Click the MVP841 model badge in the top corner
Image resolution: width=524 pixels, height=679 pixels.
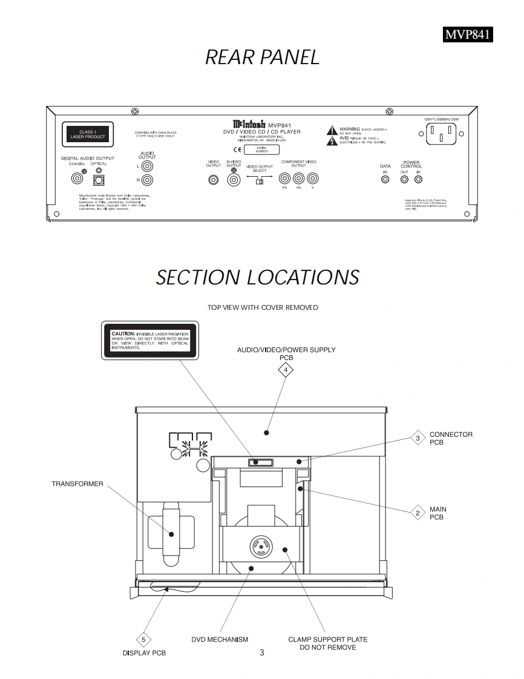pyautogui.click(x=467, y=34)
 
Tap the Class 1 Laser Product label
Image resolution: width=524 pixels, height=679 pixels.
pyautogui.click(x=87, y=134)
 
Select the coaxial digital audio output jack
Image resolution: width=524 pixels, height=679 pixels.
pyautogui.click(x=77, y=179)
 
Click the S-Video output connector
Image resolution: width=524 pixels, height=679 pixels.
pyautogui.click(x=234, y=179)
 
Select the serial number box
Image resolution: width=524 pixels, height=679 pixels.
pyautogui.click(x=261, y=149)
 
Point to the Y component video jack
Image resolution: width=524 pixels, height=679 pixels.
pyautogui.click(x=312, y=179)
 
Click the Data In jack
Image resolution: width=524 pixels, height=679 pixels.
pyautogui.click(x=385, y=180)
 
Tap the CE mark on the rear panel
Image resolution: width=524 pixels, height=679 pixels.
pyautogui.click(x=237, y=149)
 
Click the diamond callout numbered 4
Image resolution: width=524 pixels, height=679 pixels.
pyautogui.click(x=286, y=370)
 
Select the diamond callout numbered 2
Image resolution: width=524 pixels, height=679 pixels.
pyautogui.click(x=418, y=513)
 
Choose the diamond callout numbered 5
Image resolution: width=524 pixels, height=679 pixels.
pyautogui.click(x=143, y=640)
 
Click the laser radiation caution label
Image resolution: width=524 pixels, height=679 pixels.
pyautogui.click(x=150, y=341)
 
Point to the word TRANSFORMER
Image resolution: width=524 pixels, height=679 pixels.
pyautogui.click(x=77, y=484)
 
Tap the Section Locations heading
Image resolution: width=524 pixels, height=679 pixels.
pyautogui.click(x=258, y=278)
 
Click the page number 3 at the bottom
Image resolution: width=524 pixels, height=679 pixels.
pyautogui.click(x=261, y=652)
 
